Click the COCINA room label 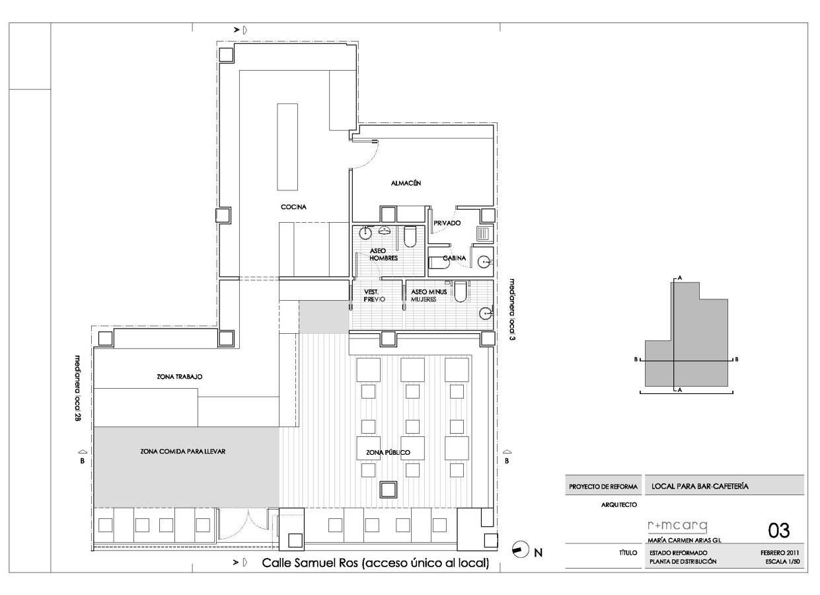(293, 207)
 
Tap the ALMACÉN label (406, 183)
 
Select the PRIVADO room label (447, 223)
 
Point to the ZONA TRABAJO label (179, 377)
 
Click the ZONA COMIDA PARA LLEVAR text (182, 452)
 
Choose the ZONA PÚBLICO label (388, 452)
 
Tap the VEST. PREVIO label (374, 296)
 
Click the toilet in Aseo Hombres (410, 236)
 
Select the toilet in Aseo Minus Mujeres (461, 292)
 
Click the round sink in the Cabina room (485, 262)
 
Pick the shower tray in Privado (484, 234)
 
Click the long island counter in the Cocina (287, 147)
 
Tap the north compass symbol (521, 549)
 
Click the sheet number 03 (779, 530)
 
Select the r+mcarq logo (677, 526)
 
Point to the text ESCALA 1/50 (782, 562)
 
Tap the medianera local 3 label (513, 310)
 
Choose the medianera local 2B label (77, 387)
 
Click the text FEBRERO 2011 (780, 553)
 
